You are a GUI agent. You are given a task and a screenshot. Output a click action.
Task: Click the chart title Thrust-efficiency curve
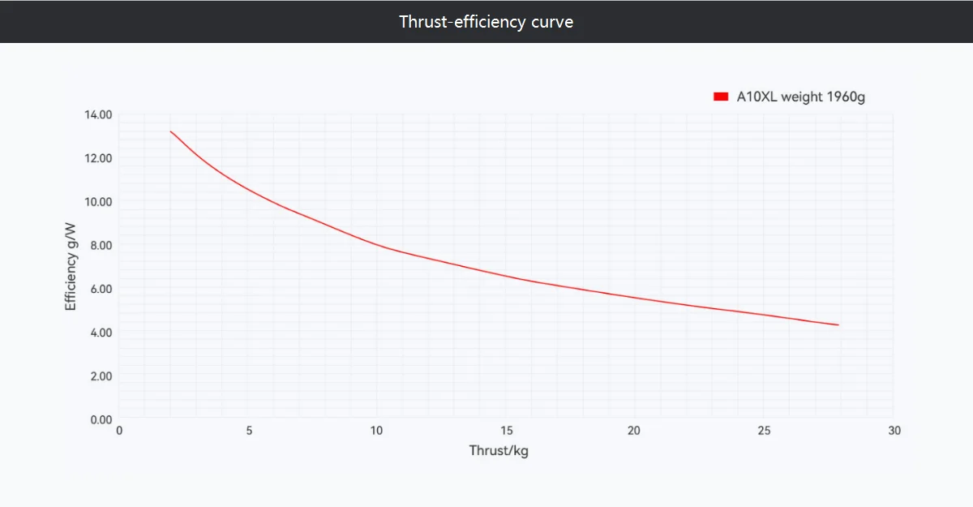tap(486, 22)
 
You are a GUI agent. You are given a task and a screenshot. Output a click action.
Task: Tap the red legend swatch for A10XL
tap(721, 97)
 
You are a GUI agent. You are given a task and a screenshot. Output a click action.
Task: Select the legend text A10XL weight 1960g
tap(800, 97)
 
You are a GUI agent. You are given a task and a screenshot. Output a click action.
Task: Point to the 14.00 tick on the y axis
tap(98, 114)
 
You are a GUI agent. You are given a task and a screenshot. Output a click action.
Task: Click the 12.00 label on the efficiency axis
tap(98, 158)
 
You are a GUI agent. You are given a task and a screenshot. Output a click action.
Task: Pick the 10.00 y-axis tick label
tap(98, 202)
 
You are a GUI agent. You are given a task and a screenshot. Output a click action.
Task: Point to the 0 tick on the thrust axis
tap(119, 431)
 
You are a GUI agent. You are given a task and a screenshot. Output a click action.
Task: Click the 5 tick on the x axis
tap(249, 431)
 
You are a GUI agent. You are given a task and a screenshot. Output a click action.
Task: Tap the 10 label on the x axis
tap(376, 431)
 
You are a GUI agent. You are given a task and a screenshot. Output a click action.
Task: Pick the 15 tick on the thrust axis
tap(506, 431)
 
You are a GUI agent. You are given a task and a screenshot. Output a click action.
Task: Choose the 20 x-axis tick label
tap(635, 431)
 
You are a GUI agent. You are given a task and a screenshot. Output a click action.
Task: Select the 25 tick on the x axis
tap(764, 431)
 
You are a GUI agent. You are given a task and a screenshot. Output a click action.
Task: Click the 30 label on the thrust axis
tap(894, 431)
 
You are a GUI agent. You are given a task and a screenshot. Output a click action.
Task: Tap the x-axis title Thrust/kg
tap(499, 450)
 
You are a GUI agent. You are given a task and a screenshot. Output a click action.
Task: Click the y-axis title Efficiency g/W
tap(71, 267)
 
